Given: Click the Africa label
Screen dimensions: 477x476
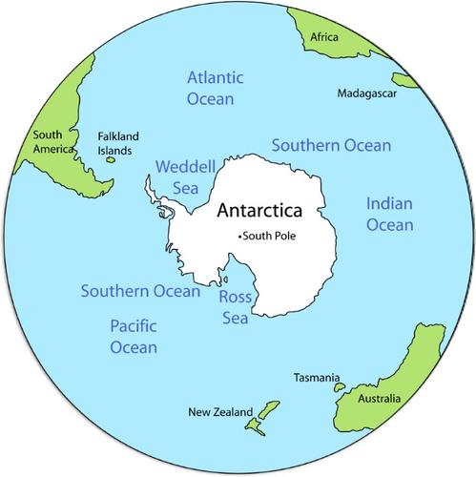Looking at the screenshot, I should click(324, 36).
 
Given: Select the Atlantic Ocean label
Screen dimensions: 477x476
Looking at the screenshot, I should click(216, 88).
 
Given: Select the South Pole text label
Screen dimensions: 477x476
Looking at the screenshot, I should click(271, 236).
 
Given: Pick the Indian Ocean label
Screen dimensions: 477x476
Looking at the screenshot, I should click(390, 215).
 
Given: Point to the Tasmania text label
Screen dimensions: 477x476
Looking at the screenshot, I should click(317, 378).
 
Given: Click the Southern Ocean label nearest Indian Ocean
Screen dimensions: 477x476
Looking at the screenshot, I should click(332, 146).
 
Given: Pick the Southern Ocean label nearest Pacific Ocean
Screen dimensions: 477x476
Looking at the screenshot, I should click(140, 291).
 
